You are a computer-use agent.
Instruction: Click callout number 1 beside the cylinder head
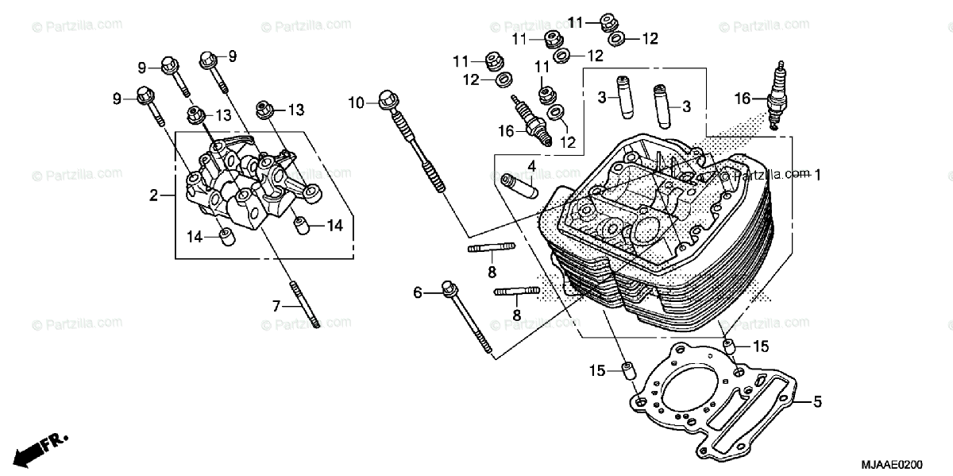pos(817,173)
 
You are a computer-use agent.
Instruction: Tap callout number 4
pos(532,166)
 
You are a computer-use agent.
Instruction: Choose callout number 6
pos(418,292)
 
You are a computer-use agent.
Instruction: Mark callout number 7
pos(277,306)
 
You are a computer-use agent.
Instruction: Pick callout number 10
pos(356,103)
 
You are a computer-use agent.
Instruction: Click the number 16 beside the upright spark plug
pos(742,99)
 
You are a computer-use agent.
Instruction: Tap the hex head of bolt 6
pos(448,288)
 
